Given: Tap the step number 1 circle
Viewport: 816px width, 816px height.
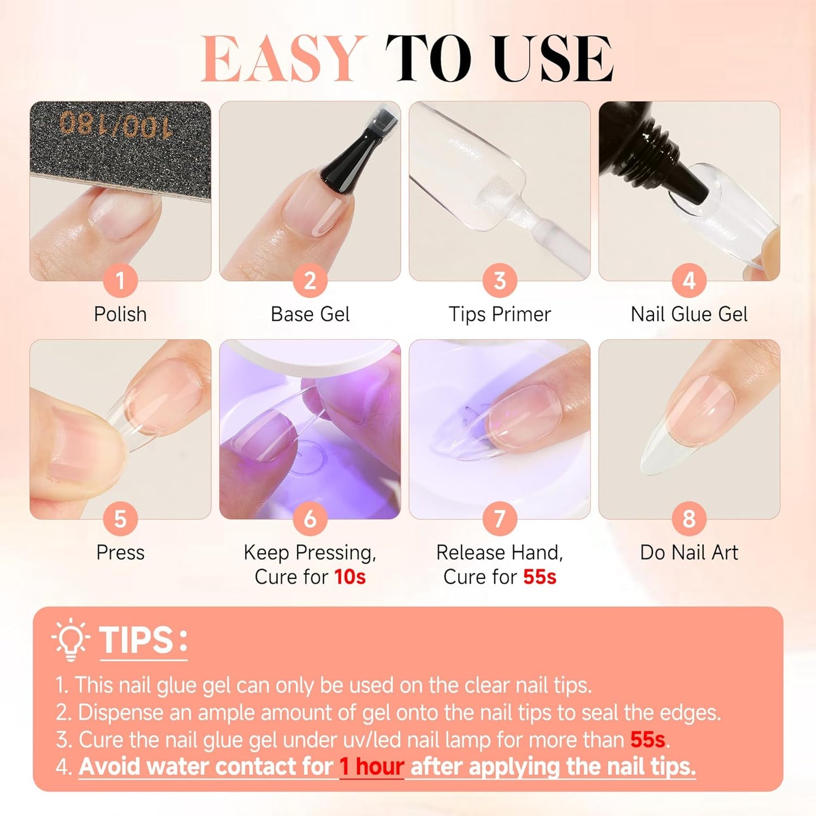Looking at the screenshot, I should coord(120,281).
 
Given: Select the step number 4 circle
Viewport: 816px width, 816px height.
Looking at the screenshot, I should coord(689,281).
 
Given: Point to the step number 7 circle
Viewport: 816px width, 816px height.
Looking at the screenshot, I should coord(499,518).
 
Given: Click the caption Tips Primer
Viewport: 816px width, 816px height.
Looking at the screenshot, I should coord(499,314).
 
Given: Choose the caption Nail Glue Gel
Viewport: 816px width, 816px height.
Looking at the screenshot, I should coord(689,314).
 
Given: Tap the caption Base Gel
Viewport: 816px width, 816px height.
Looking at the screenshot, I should coord(310,314).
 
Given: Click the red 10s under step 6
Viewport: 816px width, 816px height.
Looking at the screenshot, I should coord(350,577).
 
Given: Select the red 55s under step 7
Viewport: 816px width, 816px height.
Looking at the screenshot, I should coord(539,577).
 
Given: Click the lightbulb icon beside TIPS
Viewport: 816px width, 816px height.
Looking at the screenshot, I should coord(71,640).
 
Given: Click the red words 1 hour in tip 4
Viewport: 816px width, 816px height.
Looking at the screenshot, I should coord(372,767).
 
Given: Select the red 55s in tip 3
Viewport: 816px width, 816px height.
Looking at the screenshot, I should coord(648,740).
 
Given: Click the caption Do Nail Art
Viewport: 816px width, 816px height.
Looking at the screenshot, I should coord(689,552).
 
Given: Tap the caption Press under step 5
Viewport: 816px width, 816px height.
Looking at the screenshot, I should coord(120,552).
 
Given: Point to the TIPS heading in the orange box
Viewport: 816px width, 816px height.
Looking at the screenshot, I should coord(136,640).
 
